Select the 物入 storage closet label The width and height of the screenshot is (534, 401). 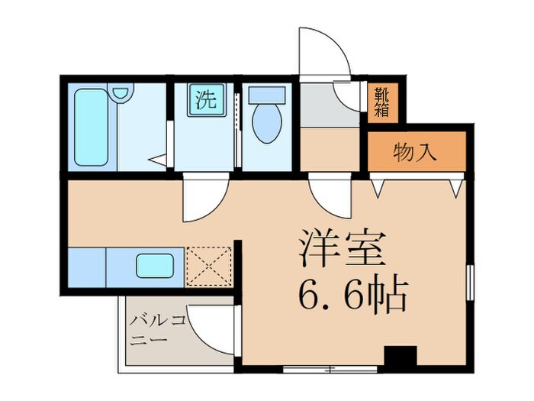coord(416,152)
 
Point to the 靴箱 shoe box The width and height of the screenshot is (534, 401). coord(381,102)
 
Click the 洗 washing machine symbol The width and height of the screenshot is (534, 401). coord(205,100)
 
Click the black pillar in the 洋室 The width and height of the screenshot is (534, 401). coord(400,357)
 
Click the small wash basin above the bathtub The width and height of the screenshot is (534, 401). coord(120,93)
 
